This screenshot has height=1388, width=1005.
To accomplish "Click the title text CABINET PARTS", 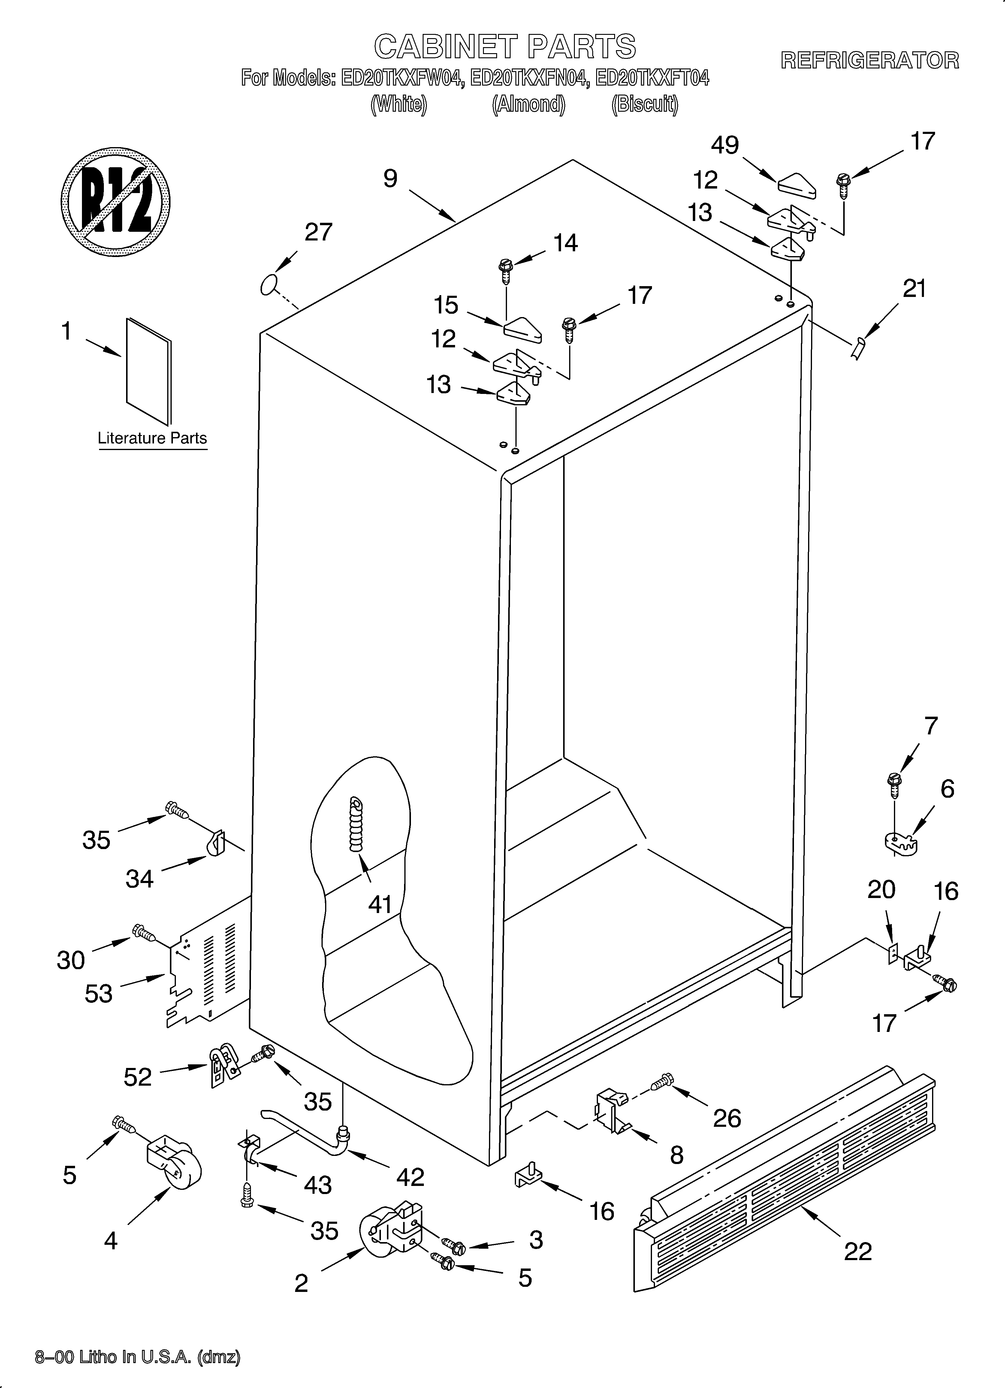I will tap(505, 47).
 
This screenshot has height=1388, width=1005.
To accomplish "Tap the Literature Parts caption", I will tap(152, 438).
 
